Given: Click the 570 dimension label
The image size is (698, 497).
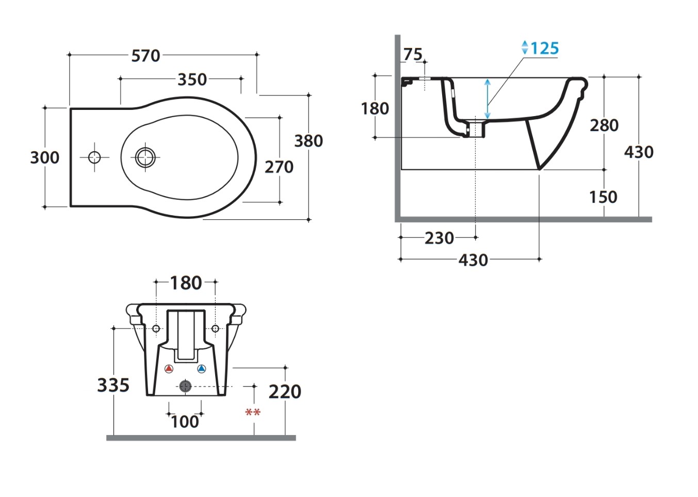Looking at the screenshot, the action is pos(145,56).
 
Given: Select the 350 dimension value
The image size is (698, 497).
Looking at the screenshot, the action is pos(192,79).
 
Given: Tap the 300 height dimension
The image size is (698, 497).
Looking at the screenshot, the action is pos(44,157).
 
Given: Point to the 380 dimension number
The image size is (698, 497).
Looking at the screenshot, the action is pos(309,141).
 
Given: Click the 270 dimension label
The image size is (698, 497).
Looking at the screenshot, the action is pos(279,167).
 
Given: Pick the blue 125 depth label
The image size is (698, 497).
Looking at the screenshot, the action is pos(545,49).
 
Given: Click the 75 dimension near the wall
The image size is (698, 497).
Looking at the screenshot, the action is pos(413,55).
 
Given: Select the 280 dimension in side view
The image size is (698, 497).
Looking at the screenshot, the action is pos(604,125).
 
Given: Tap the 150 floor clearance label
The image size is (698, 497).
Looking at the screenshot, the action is pos(603,197).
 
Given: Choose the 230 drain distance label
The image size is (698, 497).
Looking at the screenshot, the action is pos(440,238).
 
